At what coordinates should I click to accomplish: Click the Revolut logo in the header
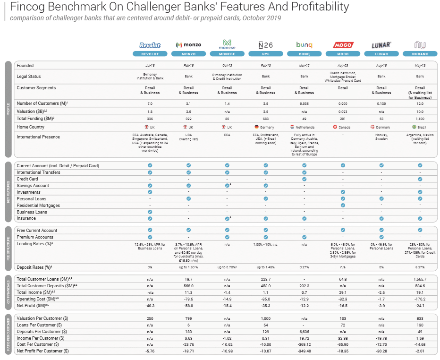tap(150, 45)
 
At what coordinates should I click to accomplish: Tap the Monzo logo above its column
tap(188, 45)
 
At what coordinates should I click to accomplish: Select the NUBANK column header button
tap(420, 54)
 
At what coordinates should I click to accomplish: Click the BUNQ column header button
tap(304, 54)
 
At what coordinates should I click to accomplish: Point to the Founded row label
tap(25, 66)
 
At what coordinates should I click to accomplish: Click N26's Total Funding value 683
tap(266, 119)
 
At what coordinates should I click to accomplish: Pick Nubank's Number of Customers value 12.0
tap(420, 103)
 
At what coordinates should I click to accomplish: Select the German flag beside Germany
tap(255, 127)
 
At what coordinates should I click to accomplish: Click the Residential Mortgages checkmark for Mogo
tap(343, 206)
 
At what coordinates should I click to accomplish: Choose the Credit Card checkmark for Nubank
tap(420, 179)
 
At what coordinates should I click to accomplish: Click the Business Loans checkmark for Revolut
tap(150, 212)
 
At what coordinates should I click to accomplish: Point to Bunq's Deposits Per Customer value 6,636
tap(304, 332)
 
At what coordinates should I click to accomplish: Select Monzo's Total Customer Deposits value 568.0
tap(188, 286)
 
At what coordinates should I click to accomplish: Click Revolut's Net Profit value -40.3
tap(150, 306)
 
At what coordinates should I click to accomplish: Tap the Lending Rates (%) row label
tap(34, 244)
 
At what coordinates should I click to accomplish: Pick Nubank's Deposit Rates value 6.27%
tap(420, 267)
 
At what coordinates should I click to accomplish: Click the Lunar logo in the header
tap(381, 45)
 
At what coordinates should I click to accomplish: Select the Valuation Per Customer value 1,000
tap(266, 318)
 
